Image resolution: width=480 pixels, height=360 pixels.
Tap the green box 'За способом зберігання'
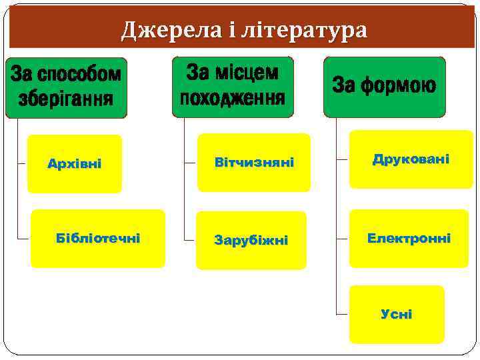[66, 87]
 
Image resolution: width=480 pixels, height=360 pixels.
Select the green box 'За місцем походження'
[232, 87]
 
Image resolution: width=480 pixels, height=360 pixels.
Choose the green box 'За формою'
[384, 87]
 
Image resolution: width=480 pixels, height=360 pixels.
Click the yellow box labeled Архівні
[75, 164]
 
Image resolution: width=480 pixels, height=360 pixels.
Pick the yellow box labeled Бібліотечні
[98, 239]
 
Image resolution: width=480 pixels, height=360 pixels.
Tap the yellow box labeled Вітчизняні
[253, 163]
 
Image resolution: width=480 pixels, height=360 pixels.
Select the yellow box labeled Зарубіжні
[251, 240]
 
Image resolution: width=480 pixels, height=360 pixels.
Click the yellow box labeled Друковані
[411, 159]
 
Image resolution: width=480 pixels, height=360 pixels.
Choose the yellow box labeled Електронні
[409, 238]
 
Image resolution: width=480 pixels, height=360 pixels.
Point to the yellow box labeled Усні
[397, 314]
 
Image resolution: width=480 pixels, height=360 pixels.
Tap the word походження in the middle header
[232, 99]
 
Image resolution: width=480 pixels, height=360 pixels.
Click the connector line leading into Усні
[342, 313]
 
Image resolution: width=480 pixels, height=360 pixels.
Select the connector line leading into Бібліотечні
[23, 238]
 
